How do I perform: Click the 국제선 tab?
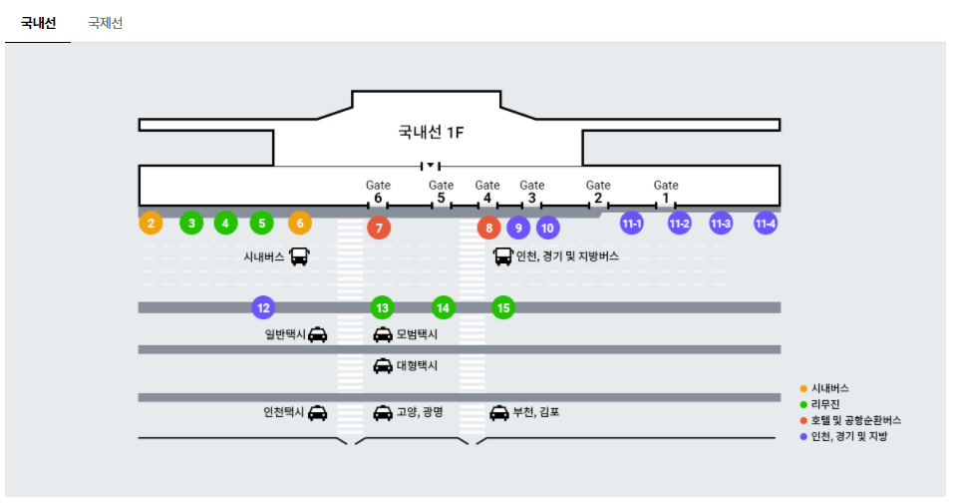click(105, 22)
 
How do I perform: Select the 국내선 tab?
click(38, 22)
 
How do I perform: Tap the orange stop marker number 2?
click(151, 223)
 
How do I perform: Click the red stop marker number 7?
click(378, 228)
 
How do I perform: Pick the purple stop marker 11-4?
click(766, 223)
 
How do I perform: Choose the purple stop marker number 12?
click(263, 307)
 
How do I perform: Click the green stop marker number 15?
click(503, 307)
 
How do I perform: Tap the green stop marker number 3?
click(191, 223)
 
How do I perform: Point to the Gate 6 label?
click(378, 191)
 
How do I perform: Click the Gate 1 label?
click(666, 191)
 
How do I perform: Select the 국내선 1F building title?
click(432, 131)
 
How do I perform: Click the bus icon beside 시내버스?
click(299, 256)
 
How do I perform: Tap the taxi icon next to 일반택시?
click(317, 335)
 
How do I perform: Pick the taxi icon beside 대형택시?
click(382, 365)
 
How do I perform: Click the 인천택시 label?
click(283, 411)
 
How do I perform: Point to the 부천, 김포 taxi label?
click(536, 411)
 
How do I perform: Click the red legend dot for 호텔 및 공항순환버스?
click(803, 420)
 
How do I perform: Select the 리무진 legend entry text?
click(827, 404)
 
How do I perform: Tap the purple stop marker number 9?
click(517, 228)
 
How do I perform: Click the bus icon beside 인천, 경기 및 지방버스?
click(503, 256)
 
